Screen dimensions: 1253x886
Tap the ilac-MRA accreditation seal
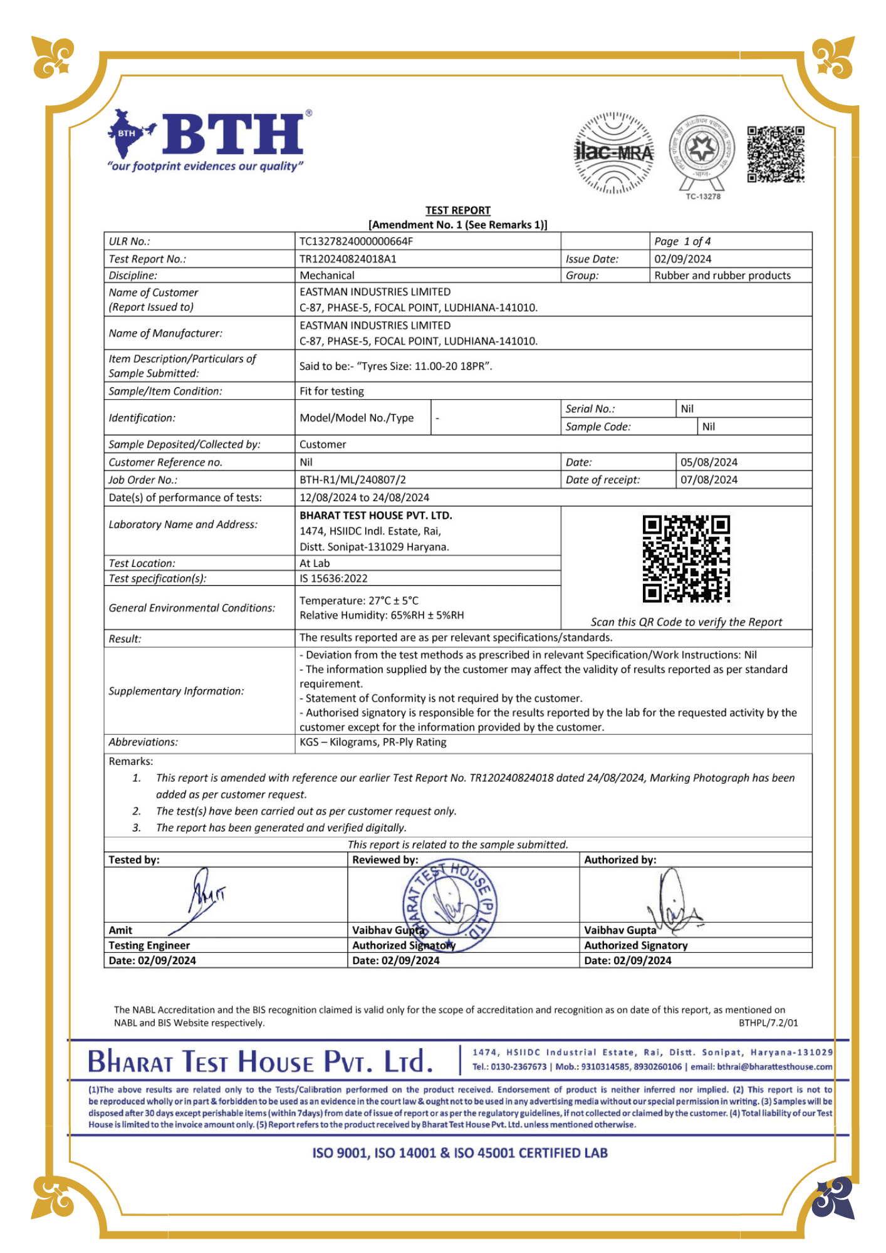[x=613, y=153]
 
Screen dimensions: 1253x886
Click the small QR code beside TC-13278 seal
[x=775, y=154]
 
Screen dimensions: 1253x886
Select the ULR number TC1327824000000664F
[x=356, y=242]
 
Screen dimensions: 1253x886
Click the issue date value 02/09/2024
[x=682, y=259]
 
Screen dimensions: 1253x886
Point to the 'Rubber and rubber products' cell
[x=722, y=276]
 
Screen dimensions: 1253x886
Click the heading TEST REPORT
[x=457, y=211]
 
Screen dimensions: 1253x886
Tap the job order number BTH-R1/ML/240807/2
[x=353, y=480]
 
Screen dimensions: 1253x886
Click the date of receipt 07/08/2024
[x=709, y=480]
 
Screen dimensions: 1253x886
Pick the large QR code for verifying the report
[x=686, y=559]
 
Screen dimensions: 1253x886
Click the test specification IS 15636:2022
[x=333, y=579]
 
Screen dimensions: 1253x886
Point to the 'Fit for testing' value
[x=331, y=392]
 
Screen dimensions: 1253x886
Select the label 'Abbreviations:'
[x=143, y=742]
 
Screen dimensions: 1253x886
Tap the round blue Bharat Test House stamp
[x=449, y=905]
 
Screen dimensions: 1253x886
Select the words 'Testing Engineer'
[x=149, y=945]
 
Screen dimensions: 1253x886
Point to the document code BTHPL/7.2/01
[x=768, y=1023]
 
